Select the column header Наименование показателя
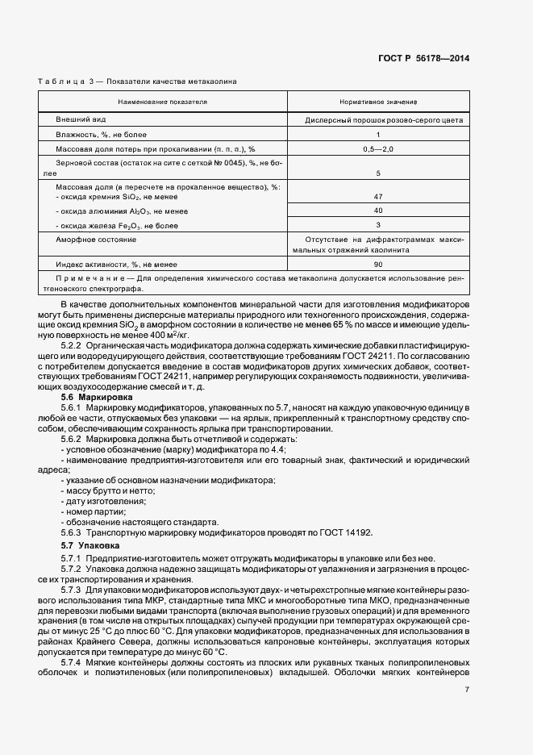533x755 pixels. pos(162,102)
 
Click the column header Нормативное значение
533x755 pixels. pos(378,102)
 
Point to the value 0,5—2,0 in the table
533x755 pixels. pos(378,149)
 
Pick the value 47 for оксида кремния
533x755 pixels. pos(378,196)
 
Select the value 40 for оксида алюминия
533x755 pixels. pos(378,210)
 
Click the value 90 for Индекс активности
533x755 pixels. pos(378,265)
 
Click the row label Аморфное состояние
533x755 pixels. pos(95,240)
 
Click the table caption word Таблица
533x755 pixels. pos(59,82)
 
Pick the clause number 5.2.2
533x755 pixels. pos(72,344)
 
